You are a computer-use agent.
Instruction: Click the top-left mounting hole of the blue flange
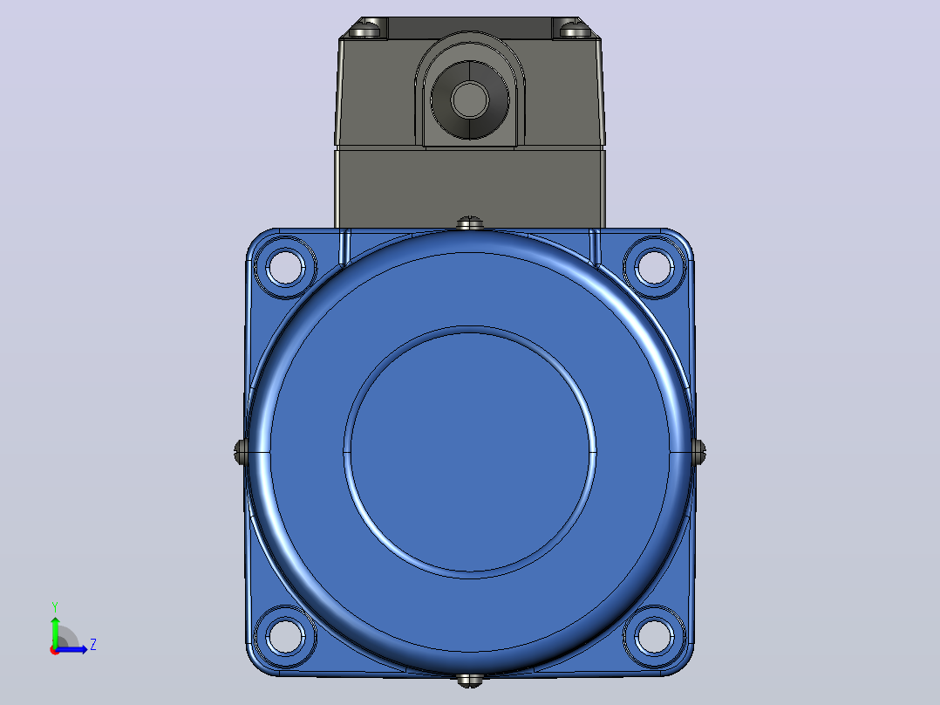pyautogui.click(x=285, y=267)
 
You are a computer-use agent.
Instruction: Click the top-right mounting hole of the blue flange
pyautogui.click(x=654, y=267)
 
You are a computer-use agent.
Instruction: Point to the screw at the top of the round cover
pyautogui.click(x=470, y=223)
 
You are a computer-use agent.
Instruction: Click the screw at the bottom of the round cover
pyautogui.click(x=470, y=681)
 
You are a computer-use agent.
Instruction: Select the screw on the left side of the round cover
pyautogui.click(x=241, y=451)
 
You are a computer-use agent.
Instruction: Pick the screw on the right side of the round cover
pyautogui.click(x=699, y=451)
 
